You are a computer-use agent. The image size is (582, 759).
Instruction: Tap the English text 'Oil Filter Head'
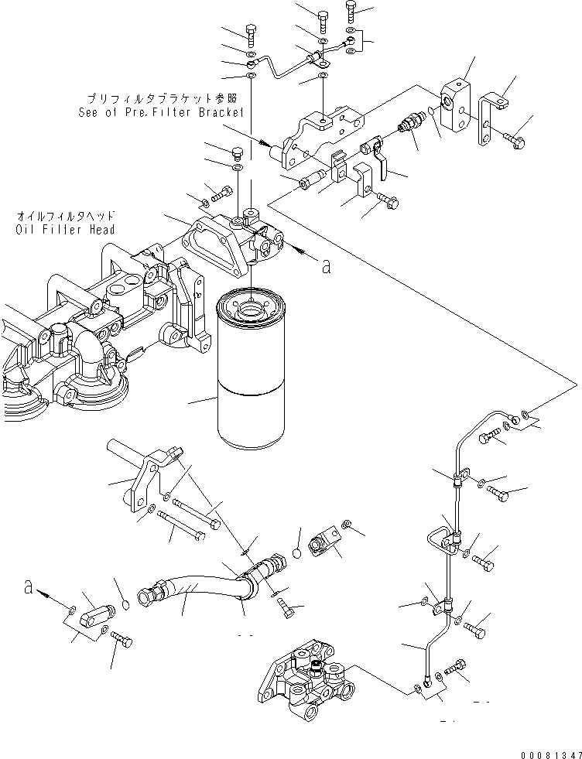point(65,230)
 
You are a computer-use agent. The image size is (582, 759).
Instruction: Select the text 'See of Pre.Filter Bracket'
point(161,112)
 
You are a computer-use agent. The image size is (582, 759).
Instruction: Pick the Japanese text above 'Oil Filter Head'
point(65,217)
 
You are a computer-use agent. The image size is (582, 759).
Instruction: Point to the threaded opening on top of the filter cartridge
point(252,310)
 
